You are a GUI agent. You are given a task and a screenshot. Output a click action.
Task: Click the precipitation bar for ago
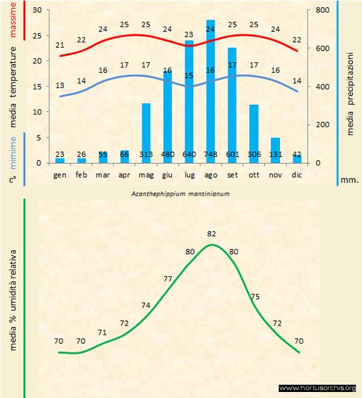211,90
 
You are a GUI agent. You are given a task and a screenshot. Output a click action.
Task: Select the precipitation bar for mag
146,133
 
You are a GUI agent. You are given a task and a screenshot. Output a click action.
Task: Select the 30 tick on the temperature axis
37,10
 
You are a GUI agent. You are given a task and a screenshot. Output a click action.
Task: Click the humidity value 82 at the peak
211,233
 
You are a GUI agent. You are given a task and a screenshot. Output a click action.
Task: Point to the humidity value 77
168,279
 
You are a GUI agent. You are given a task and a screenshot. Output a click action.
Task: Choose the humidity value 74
147,305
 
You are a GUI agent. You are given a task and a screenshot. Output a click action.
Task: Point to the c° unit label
13,179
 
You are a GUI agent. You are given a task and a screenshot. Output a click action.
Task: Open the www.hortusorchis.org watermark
317,388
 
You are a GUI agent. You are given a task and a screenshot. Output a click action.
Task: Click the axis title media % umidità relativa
13,298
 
